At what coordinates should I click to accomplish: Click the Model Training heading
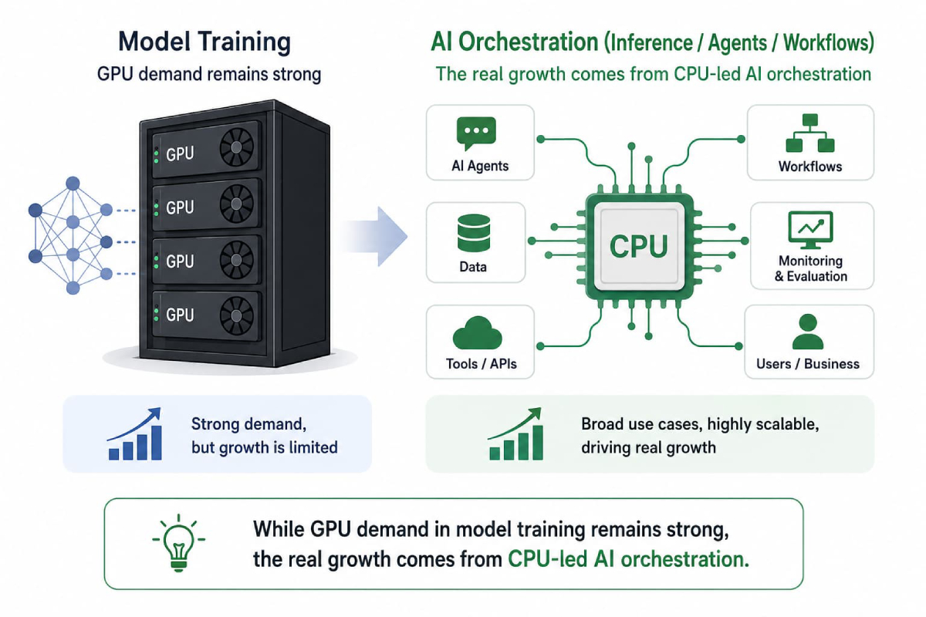click(204, 42)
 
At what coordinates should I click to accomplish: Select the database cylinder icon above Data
click(474, 233)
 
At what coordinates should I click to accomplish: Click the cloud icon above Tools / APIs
click(478, 333)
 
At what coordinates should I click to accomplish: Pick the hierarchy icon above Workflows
click(810, 133)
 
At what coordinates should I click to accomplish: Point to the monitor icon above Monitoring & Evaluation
click(811, 230)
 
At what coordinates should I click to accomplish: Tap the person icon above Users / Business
click(808, 332)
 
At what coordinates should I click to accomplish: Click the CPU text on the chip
click(639, 246)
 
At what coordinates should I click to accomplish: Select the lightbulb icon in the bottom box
click(178, 543)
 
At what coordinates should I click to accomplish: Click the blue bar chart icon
click(135, 434)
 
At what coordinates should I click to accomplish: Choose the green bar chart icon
click(515, 434)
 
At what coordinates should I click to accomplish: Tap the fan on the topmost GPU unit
click(236, 147)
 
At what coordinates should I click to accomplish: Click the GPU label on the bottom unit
click(180, 315)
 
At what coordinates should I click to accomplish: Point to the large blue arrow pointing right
click(374, 236)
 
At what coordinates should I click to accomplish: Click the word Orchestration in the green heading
click(529, 42)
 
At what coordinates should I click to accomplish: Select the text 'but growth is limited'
click(265, 447)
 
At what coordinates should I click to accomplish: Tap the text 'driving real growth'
click(648, 447)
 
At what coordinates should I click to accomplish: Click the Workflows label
click(810, 167)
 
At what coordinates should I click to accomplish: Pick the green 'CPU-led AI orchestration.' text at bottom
click(628, 559)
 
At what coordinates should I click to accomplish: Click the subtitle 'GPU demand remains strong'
click(209, 74)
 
